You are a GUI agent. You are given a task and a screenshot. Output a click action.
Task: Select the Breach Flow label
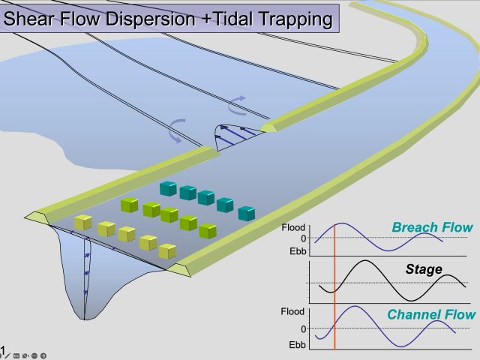coord(432,227)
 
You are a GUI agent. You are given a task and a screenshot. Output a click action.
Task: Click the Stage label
coord(424,269)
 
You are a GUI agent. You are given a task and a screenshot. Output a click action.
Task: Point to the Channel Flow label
coord(431,315)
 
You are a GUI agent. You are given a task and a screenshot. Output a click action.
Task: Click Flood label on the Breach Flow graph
coord(293,227)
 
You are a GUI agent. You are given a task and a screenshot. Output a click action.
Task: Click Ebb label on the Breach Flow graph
coord(298,251)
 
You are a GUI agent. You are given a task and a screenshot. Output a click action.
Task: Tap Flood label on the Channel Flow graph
coord(292,312)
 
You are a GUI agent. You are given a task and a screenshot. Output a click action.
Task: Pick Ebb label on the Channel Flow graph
coord(297,345)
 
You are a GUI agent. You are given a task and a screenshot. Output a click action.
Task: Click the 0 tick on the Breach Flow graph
coord(303,238)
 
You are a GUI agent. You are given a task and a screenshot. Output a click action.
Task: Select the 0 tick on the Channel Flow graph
coord(303,329)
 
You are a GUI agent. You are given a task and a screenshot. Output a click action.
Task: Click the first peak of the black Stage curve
coord(365,261)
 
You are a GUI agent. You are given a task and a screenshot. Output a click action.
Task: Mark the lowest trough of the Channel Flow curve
coord(401,346)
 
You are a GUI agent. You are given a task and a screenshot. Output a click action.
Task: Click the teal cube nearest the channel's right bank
coord(247,214)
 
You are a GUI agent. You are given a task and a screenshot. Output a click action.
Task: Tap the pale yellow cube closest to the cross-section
coord(83,222)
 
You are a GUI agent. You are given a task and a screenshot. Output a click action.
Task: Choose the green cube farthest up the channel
coord(129,205)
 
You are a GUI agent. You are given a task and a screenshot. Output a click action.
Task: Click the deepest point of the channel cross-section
coord(85,319)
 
